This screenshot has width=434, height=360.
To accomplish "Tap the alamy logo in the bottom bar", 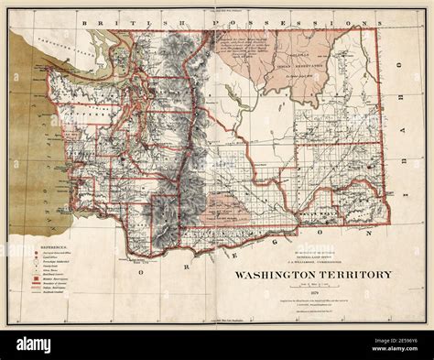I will point(37,344).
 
